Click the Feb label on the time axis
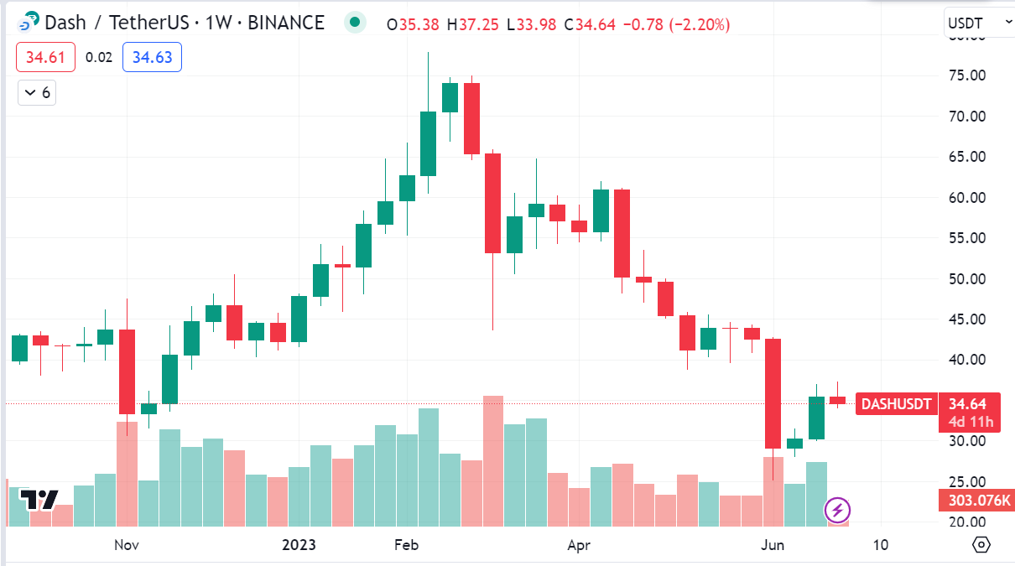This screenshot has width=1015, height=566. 406,545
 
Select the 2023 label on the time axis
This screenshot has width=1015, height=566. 299,545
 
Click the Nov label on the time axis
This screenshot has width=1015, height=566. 126,545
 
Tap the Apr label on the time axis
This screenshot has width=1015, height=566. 578,545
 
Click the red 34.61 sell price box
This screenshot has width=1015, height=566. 45,57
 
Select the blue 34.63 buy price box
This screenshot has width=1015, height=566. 152,57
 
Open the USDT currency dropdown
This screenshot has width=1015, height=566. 977,23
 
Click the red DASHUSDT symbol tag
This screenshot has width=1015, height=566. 897,404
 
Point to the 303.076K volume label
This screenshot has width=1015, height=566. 976,501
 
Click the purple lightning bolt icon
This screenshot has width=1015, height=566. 838,509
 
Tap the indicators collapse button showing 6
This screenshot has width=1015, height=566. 37,92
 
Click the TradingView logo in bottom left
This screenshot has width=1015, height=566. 39,500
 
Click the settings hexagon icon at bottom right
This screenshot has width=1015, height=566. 981,545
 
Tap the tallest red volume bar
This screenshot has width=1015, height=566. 493,460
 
